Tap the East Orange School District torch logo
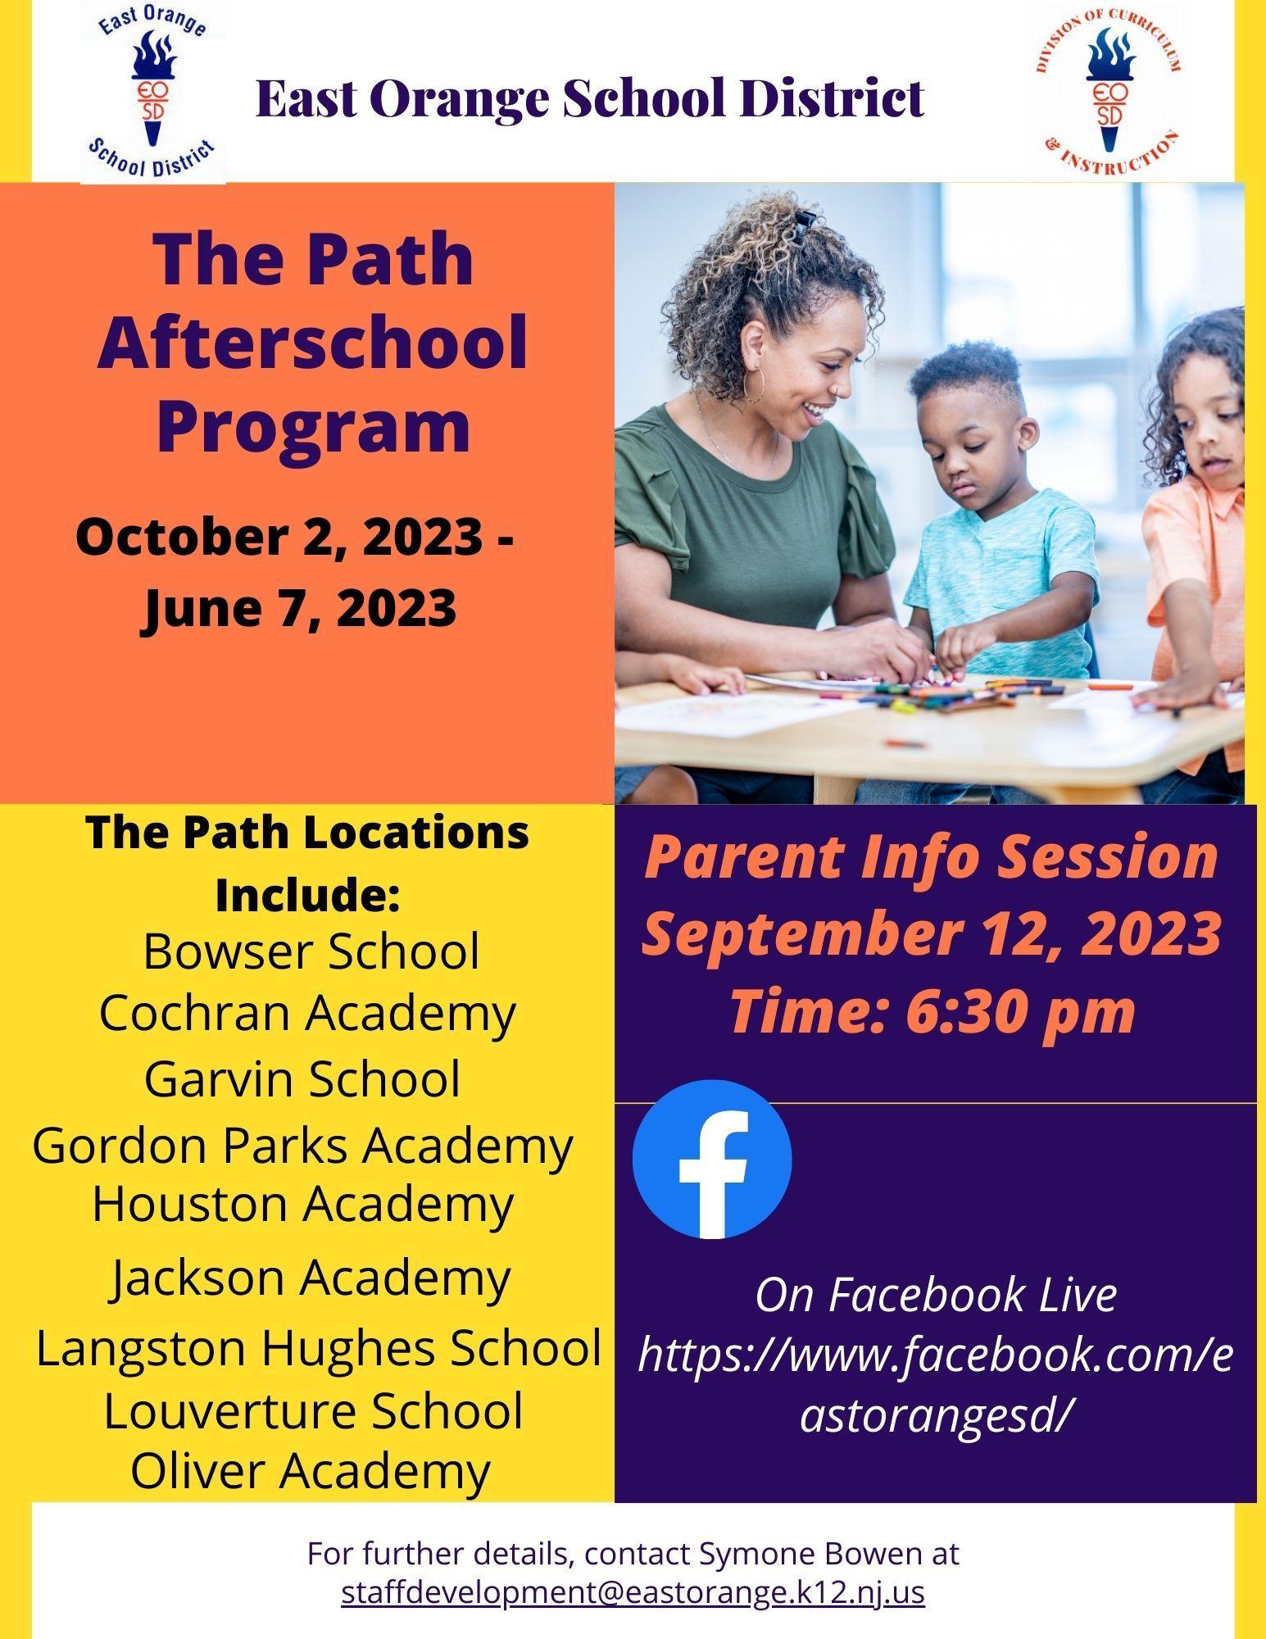(x=153, y=90)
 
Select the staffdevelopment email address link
(x=633, y=1592)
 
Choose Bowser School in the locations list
(x=311, y=951)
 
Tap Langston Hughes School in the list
(x=320, y=1347)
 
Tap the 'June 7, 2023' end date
(x=300, y=607)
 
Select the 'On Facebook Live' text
(x=936, y=1294)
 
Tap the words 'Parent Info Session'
(x=932, y=856)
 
